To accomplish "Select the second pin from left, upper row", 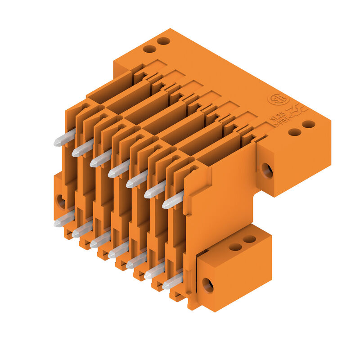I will (x=82, y=148).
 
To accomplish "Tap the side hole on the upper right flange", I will (x=267, y=170).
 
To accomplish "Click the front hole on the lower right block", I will (x=207, y=285).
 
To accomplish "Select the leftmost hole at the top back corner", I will (x=149, y=49).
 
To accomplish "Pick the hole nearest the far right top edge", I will (x=308, y=124).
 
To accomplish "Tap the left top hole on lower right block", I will (x=235, y=247).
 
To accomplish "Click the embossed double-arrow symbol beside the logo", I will (x=297, y=110).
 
